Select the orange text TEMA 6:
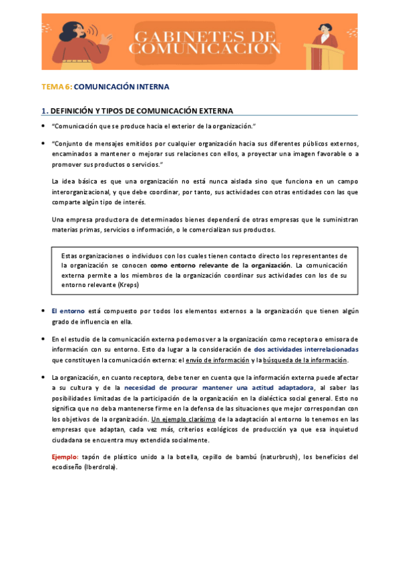57,87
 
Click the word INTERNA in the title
150,87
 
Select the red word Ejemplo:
65,457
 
